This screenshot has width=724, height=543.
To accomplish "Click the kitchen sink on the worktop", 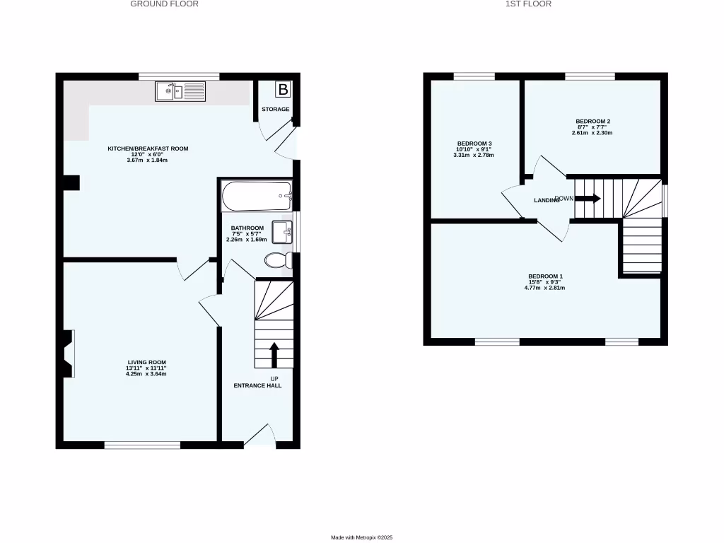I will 180,90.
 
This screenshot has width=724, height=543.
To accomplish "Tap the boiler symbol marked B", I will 283,90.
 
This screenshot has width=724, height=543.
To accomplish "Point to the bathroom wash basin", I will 281,232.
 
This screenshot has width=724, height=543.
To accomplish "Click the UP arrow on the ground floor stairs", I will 274,354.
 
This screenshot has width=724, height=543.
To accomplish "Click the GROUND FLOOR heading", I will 165,4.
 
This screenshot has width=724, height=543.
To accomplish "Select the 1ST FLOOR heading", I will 528,4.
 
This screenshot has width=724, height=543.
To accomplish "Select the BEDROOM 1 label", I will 545,276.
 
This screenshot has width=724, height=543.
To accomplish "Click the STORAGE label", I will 275,110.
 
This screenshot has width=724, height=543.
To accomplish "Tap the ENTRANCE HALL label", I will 258,386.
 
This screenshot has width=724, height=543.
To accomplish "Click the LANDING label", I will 547,201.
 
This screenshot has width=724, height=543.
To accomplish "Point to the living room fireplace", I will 68,354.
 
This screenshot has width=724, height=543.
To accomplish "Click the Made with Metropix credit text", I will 361,538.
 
